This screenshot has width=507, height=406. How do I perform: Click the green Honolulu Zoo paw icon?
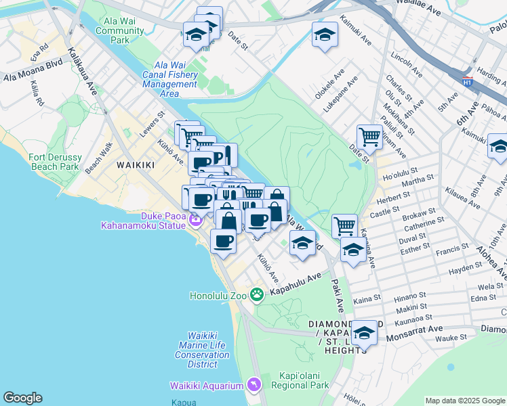tap(256, 294)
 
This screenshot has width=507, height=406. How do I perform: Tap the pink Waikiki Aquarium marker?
tap(254, 384)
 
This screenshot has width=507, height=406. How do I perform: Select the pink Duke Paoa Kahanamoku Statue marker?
tap(195, 219)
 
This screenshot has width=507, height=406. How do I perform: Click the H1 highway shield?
tap(467, 82)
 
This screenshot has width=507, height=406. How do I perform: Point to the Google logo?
tap(22, 399)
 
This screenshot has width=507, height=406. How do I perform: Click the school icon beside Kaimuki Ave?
tap(325, 35)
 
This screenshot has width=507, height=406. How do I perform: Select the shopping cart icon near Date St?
tap(369, 137)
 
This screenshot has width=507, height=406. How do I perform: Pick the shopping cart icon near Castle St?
tap(344, 225)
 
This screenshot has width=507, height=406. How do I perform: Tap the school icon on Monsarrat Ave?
tap(363, 332)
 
